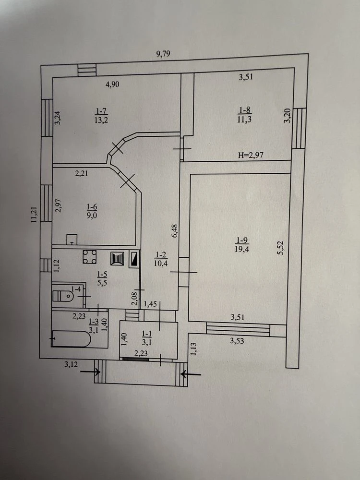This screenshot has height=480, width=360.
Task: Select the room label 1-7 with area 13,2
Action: tap(101, 115)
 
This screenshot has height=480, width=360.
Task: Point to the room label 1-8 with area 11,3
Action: tap(244, 115)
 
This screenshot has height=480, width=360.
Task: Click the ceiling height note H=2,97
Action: tap(251, 155)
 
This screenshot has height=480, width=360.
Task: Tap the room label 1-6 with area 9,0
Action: tap(92, 211)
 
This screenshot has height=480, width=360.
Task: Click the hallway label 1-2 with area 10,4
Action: tap(161, 259)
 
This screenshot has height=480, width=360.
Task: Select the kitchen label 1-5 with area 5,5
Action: tap(102, 278)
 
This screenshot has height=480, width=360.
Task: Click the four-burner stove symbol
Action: tap(90, 257)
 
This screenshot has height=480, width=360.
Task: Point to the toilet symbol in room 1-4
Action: tap(63, 296)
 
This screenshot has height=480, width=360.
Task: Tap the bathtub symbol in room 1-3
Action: tap(71, 338)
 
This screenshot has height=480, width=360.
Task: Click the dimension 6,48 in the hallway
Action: tap(175, 231)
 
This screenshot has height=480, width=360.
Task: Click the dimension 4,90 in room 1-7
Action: tap(112, 84)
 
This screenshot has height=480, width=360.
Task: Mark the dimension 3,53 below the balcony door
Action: tap(237, 340)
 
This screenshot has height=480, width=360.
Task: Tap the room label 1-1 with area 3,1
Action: tap(145, 337)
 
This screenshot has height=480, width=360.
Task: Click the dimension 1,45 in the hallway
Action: tap(150, 304)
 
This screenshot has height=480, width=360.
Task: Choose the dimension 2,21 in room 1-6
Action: tap(82, 173)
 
